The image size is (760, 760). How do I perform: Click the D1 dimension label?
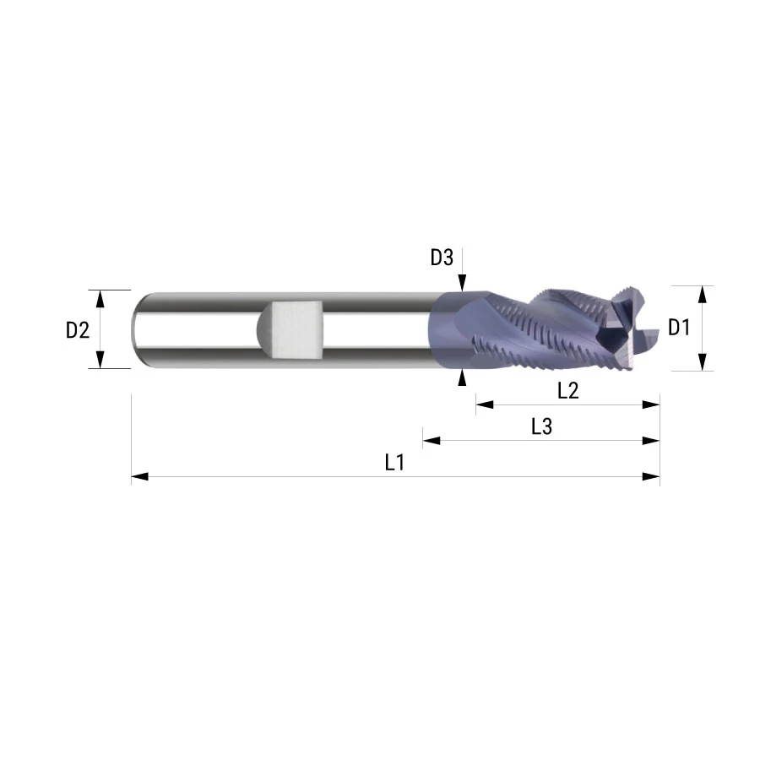[x=679, y=328]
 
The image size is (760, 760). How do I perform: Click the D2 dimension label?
[x=78, y=330]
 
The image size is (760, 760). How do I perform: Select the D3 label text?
[x=442, y=258]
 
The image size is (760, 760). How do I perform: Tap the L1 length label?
[x=394, y=463]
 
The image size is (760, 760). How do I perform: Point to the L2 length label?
[x=568, y=391]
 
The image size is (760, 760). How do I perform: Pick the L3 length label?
[x=541, y=426]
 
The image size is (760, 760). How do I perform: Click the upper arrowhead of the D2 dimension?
[x=100, y=299]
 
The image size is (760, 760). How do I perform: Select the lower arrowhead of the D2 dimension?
[x=100, y=360]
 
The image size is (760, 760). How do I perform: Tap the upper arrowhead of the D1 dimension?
[x=703, y=294]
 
